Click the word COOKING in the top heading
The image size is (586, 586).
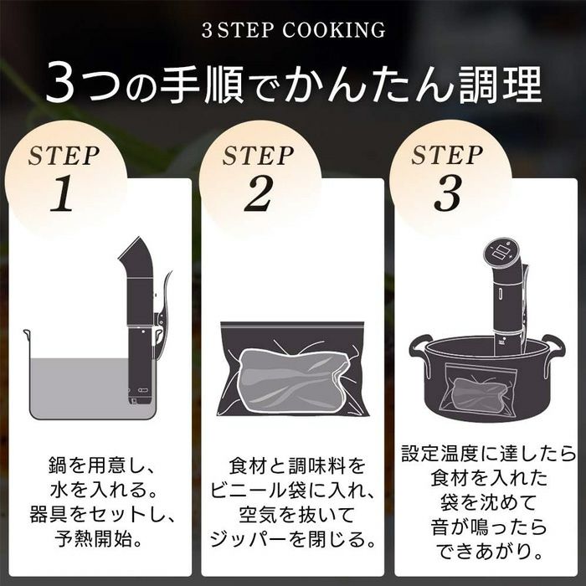coord(333,30)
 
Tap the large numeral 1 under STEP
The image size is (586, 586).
coord(62,193)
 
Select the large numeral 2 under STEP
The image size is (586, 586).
coord(258,193)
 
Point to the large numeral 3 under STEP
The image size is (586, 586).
coord(447,193)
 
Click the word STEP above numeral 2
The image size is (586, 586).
coord(258,156)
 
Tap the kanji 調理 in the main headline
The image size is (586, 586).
coord(500,85)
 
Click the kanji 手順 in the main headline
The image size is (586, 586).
coord(202,85)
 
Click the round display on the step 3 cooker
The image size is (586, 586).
coord(501,252)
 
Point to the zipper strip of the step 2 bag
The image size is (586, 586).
coord(292,325)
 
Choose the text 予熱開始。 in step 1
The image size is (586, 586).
coord(99,538)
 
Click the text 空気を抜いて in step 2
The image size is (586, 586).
coord(296,515)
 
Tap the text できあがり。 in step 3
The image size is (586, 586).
coord(488,551)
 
